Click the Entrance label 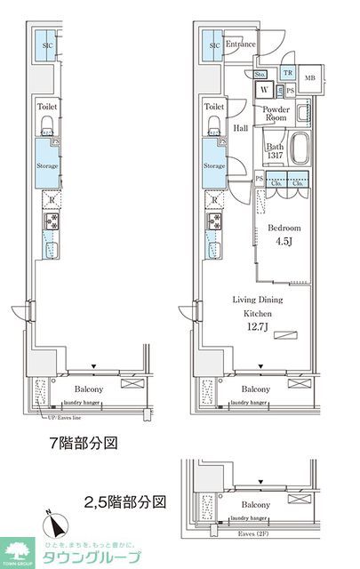pos(241,44)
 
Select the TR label pos(287,73)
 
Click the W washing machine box pos(265,90)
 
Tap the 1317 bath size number pos(275,157)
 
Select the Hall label pos(240,128)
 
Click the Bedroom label pos(284,228)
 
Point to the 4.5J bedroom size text pos(284,242)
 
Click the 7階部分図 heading pos(84,441)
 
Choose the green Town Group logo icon pos(15,551)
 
